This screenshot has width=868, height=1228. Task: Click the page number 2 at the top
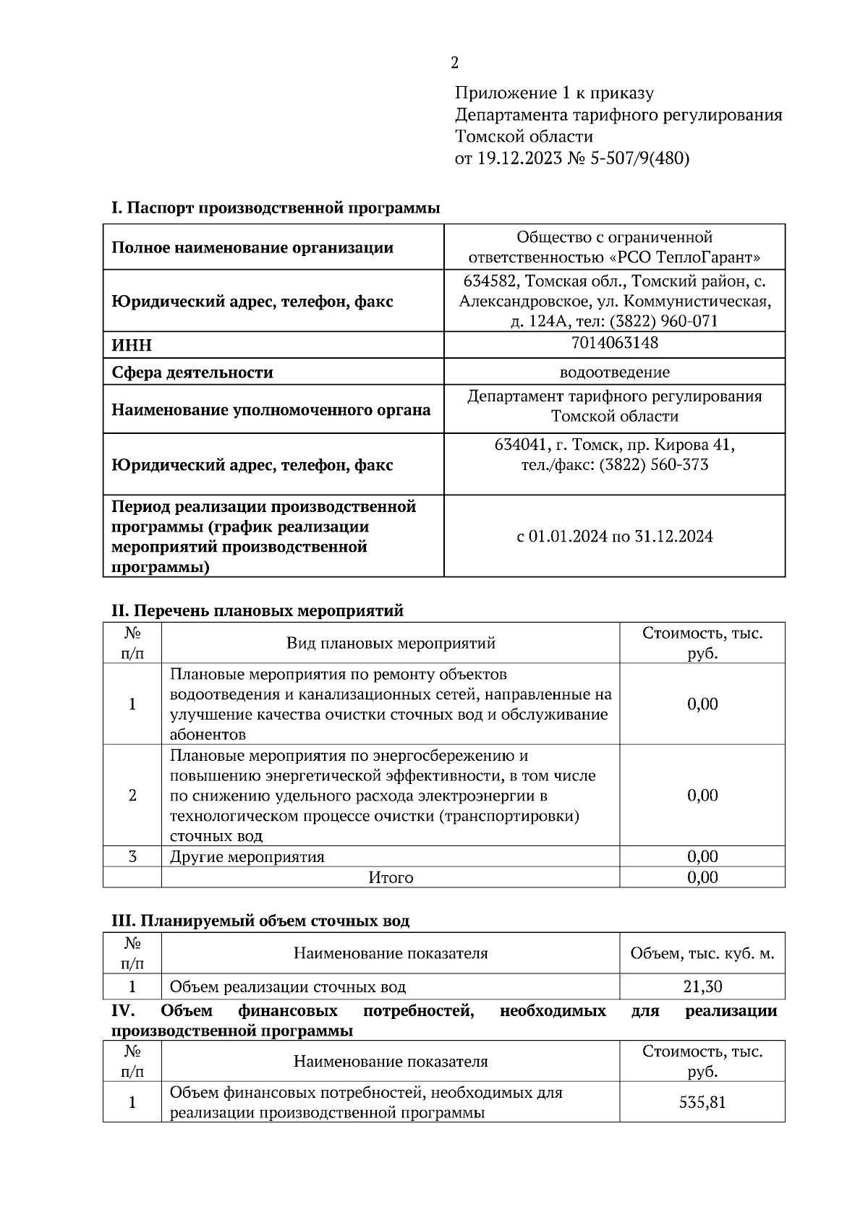click(454, 64)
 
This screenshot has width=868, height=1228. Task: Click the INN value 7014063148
click(614, 343)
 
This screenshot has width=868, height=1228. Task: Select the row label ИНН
click(132, 346)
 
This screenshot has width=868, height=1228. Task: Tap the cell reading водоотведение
click(614, 372)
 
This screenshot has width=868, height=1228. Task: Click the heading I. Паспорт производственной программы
click(276, 208)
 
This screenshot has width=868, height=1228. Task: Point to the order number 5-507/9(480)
click(639, 158)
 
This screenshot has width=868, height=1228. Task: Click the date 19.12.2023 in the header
click(519, 158)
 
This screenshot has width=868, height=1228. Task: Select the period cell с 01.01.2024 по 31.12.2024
click(614, 537)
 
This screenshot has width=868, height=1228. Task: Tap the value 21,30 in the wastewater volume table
click(702, 986)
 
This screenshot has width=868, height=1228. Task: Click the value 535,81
click(702, 1102)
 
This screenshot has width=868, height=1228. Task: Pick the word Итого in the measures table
click(391, 877)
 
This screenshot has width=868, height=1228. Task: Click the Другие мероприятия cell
click(247, 857)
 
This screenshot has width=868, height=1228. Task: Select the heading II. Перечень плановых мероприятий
click(257, 611)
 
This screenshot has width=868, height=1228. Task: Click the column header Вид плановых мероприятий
click(391, 643)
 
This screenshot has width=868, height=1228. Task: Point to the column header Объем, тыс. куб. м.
click(702, 953)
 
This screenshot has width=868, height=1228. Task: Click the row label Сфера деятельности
click(192, 373)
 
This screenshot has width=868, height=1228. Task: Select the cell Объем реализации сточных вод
click(288, 986)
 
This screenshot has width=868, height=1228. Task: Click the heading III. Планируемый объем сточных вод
click(260, 921)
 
